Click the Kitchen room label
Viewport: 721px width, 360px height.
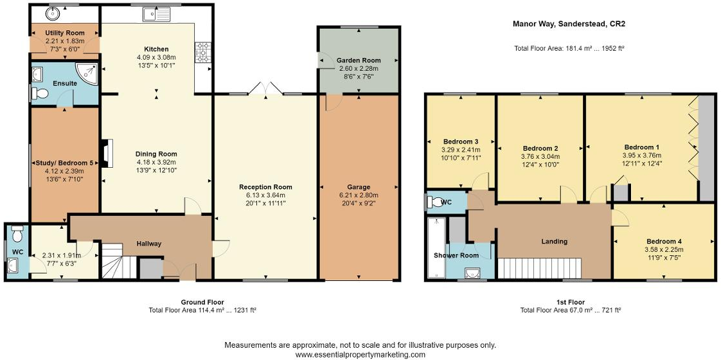(x=156, y=49)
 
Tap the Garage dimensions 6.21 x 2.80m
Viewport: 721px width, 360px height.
(x=359, y=195)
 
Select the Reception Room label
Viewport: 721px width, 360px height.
(x=265, y=187)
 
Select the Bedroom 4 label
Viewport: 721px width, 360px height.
(x=664, y=242)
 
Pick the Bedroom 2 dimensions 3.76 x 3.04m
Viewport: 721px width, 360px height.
(x=539, y=156)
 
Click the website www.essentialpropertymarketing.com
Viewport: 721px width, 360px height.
(x=360, y=355)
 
